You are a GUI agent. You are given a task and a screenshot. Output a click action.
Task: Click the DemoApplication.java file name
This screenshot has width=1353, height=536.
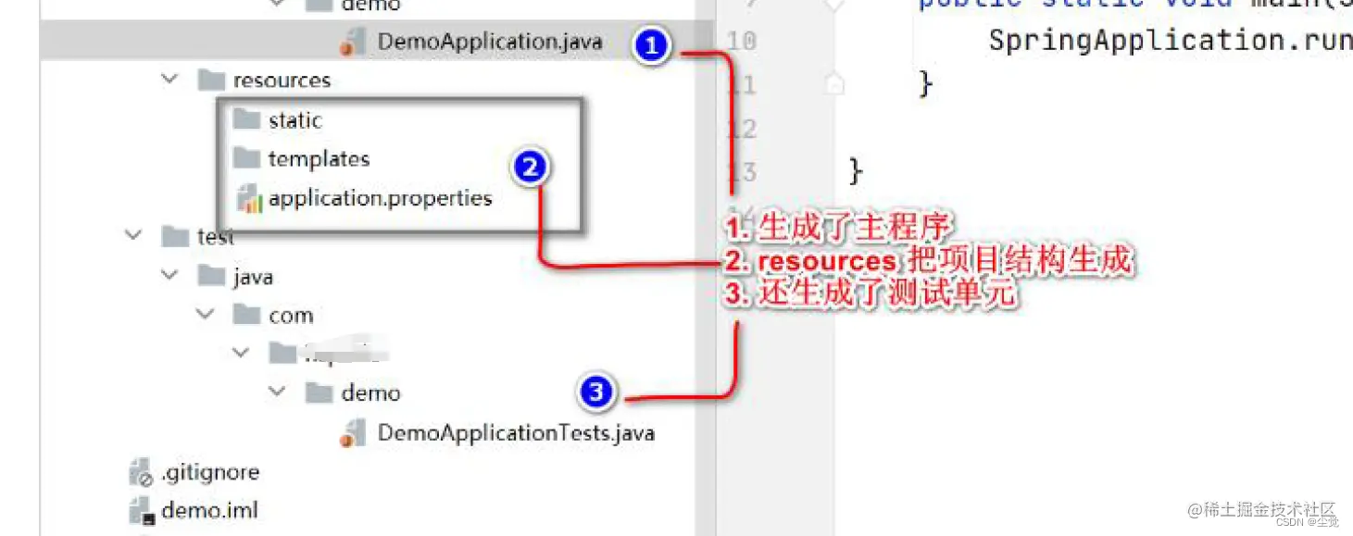click(x=490, y=42)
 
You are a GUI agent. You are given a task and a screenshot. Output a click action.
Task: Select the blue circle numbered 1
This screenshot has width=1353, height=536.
click(x=652, y=45)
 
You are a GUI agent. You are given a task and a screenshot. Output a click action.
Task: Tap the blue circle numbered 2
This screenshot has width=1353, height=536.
click(x=530, y=168)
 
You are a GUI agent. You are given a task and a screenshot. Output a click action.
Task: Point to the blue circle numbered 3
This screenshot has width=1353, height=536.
click(x=597, y=393)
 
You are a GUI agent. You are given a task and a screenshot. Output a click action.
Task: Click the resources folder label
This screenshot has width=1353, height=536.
click(x=282, y=81)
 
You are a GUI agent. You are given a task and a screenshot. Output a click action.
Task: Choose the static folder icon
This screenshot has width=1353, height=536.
click(x=246, y=119)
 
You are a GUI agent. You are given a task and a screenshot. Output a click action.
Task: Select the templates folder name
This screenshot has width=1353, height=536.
click(x=319, y=159)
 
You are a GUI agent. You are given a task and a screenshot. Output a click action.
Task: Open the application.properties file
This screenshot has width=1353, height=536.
click(x=380, y=198)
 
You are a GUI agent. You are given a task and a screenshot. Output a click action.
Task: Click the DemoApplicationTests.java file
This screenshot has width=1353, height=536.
click(x=516, y=432)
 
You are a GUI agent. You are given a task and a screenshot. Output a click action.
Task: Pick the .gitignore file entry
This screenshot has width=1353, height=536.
click(x=209, y=472)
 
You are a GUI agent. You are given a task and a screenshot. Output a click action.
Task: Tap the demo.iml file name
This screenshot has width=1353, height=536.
click(x=209, y=510)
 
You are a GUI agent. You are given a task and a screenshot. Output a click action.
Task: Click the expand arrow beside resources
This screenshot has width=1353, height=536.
click(x=169, y=80)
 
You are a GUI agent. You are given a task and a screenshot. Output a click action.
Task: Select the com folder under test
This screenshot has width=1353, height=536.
click(x=291, y=316)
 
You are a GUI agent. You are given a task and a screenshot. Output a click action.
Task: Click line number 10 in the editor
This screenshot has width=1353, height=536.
click(x=742, y=41)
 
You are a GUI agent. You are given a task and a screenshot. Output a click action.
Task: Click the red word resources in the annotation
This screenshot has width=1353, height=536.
click(x=825, y=262)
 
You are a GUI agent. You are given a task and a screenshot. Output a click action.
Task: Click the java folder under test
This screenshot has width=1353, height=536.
click(x=253, y=277)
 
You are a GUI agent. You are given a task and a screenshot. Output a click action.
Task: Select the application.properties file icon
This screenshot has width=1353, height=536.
click(x=249, y=198)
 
